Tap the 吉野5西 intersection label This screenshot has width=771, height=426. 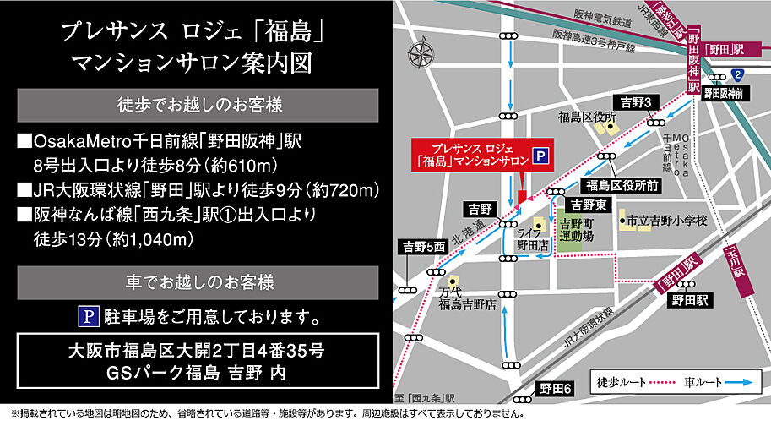(x=422, y=247)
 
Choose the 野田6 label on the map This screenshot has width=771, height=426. (x=556, y=388)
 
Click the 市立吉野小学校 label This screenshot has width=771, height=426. (x=665, y=221)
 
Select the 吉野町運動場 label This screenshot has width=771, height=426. (x=576, y=230)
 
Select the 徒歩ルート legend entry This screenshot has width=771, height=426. (x=634, y=381)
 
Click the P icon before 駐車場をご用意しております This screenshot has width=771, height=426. (x=88, y=317)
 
